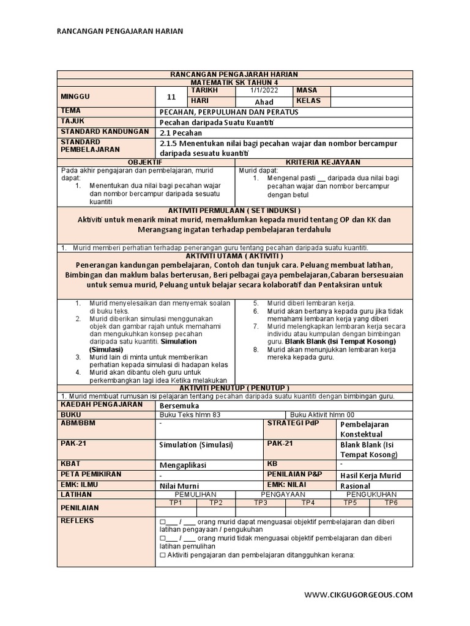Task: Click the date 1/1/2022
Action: (264, 90)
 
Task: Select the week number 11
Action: (171, 96)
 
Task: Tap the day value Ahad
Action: (264, 101)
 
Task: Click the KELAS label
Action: (308, 101)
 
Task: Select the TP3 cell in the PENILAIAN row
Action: (261, 502)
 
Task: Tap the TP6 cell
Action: (391, 502)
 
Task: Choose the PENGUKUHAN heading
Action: (371, 494)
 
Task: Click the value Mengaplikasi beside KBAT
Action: (184, 465)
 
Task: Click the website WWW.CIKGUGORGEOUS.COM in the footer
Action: (359, 594)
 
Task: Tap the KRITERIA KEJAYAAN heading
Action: (324, 162)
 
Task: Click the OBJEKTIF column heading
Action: (145, 162)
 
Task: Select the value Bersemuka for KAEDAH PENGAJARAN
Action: (179, 405)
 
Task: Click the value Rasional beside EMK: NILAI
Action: (355, 486)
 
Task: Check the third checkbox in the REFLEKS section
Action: (162, 555)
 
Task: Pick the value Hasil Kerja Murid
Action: (370, 476)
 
